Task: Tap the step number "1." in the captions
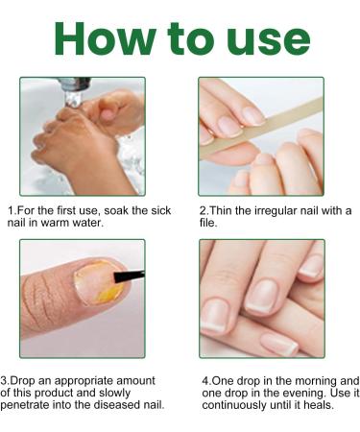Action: tap(12, 209)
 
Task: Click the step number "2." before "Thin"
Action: tap(204, 209)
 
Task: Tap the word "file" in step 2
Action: tap(208, 222)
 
